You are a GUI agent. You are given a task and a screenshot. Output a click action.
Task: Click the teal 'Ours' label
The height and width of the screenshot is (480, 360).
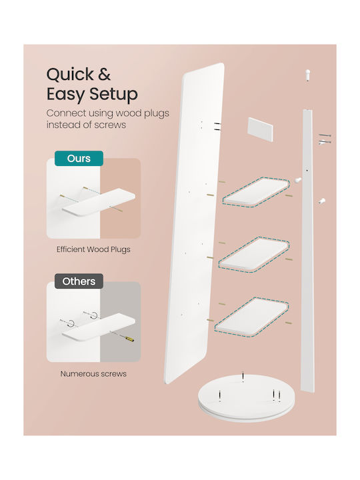pos(79,159)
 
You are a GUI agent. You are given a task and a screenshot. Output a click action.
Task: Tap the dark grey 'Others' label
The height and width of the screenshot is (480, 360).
pos(79,281)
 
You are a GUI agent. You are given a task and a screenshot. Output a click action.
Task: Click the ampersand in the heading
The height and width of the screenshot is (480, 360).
pos(104,74)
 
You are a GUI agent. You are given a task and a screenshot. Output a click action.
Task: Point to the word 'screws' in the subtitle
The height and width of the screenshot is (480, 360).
pos(110,125)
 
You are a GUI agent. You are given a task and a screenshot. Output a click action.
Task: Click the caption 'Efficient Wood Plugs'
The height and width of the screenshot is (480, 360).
pos(93,249)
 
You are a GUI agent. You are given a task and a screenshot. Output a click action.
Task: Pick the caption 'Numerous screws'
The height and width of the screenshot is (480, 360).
pos(93,374)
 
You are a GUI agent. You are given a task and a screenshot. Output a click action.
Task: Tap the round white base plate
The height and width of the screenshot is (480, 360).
pos(246,397)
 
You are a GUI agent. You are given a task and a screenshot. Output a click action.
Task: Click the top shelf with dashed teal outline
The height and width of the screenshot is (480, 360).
pos(256,193)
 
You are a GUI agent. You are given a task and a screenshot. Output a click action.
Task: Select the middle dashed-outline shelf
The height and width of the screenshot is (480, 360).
pos(254,255)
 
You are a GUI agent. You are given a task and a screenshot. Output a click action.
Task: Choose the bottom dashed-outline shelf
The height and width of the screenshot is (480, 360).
pos(251,317)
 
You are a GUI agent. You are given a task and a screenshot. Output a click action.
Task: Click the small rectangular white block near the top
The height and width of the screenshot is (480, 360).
pos(260,129)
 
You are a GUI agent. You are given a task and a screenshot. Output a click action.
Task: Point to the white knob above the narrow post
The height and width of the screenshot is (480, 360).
pos(307,75)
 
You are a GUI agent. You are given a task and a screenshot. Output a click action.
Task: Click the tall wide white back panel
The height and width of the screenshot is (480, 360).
pos(195,223)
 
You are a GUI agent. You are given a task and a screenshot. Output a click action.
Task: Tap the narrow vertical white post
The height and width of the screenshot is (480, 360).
pos(308,251)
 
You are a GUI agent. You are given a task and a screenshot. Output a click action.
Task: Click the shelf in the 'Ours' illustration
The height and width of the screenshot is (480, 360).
pos(99,202)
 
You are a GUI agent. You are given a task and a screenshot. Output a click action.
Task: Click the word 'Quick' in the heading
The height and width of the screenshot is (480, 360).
pos(70,75)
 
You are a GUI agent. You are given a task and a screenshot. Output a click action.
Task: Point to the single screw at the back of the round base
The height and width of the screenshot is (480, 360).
pos(243,376)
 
